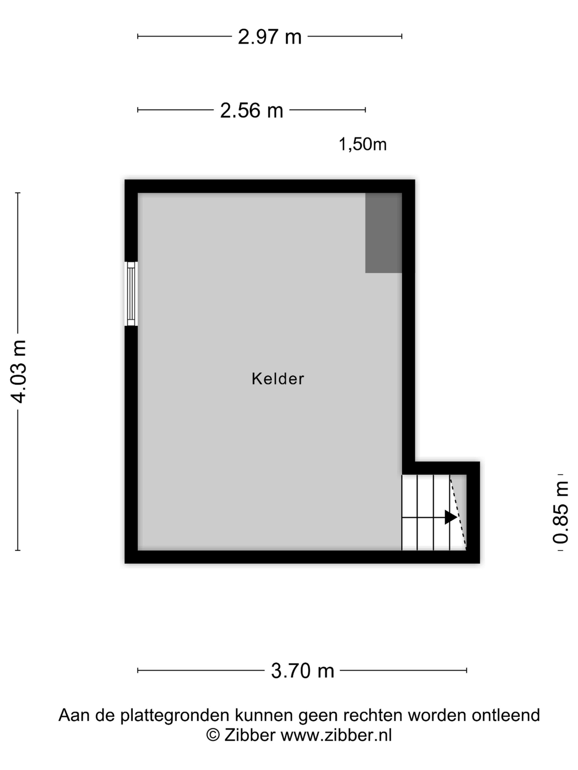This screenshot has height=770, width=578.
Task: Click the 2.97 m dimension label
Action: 270,37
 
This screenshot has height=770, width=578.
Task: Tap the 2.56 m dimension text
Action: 251,110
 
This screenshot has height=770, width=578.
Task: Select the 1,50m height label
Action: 363,144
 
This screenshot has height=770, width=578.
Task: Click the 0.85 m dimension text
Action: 561,512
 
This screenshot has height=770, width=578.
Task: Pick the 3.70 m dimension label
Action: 302,671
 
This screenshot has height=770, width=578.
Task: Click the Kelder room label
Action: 277,379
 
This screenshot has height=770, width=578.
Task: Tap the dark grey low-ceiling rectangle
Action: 383,232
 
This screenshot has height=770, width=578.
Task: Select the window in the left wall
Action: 131,294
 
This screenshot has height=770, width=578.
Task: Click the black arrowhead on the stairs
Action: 451,517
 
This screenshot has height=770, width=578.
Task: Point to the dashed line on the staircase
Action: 458,512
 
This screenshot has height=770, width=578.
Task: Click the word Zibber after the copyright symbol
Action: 250,735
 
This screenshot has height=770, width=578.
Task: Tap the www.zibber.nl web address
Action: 336,735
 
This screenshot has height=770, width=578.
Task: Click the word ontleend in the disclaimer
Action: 506,715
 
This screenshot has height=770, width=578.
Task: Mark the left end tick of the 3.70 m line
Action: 138,671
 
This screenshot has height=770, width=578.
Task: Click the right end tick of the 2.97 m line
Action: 402,36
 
